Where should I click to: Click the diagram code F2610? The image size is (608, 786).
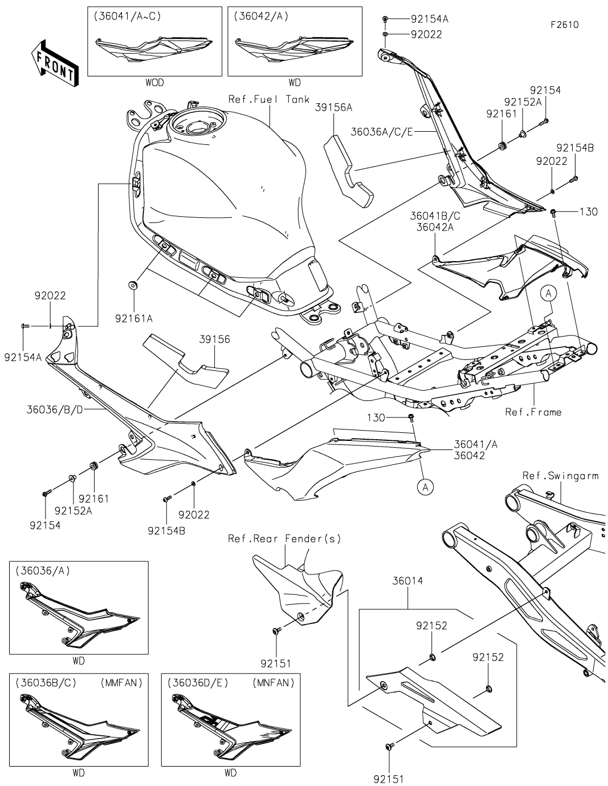point(564,25)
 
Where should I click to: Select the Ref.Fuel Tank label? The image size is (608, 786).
point(269,99)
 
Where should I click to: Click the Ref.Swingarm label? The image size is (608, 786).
point(560,475)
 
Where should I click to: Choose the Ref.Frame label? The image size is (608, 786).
point(533,412)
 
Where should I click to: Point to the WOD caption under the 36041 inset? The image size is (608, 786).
point(154,83)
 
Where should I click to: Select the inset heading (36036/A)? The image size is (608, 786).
point(43,571)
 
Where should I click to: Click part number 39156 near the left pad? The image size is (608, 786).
point(214,339)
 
